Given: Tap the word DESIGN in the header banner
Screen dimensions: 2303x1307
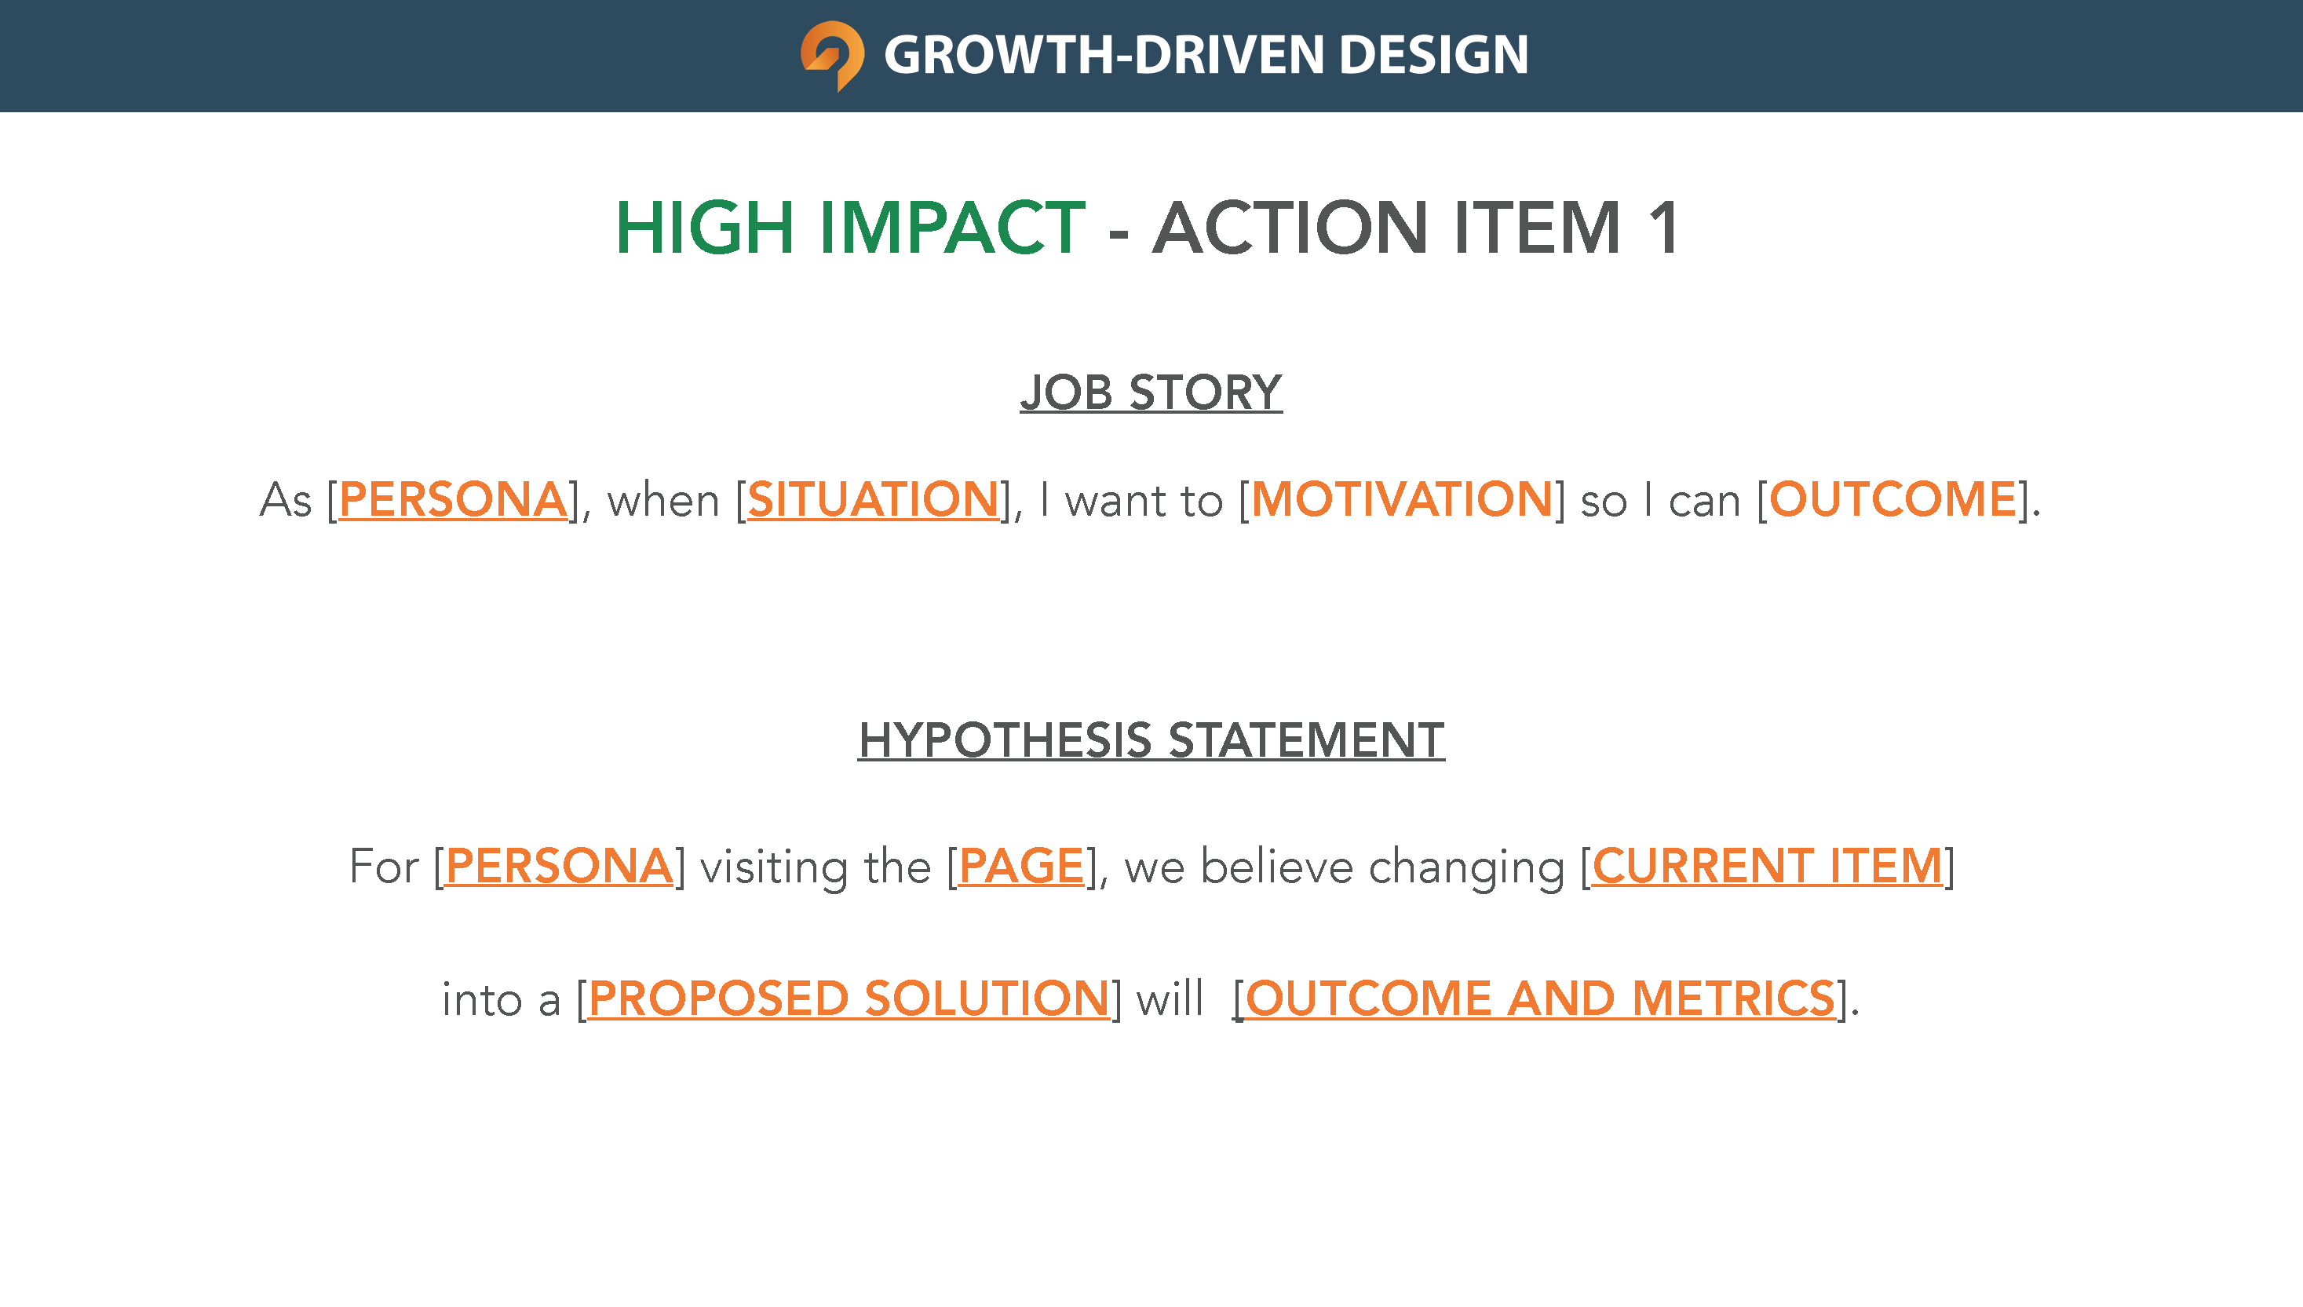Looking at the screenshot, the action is pos(1433,55).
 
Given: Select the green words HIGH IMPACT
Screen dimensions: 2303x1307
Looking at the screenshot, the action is pos(850,228).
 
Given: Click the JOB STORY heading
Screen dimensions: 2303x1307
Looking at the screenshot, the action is pos(1151,392).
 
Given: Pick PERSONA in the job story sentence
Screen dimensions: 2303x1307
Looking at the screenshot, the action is pos(452,499).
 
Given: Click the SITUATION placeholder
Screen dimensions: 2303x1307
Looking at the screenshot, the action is pos(872,499).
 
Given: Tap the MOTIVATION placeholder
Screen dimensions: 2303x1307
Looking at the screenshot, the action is pos(1401,499).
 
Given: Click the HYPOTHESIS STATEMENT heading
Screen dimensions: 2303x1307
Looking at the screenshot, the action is pos(1151,740).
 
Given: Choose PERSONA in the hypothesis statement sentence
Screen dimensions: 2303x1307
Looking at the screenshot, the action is pos(558,867).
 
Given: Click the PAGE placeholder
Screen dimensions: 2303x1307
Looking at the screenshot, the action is pos(1021,867).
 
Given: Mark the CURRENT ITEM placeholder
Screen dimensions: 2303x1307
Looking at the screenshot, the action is pos(1767,867).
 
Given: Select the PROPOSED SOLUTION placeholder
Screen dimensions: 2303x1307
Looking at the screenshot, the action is pos(849,999).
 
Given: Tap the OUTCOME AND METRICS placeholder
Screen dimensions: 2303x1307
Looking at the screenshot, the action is pos(1540,999).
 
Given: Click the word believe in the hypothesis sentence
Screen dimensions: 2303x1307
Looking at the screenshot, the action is pos(1277,867).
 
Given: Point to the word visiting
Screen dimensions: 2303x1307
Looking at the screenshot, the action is pos(774,868).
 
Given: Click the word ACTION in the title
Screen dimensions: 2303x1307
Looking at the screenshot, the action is pos(1290,228).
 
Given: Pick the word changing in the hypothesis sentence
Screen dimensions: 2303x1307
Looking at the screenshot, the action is pos(1466,868).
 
